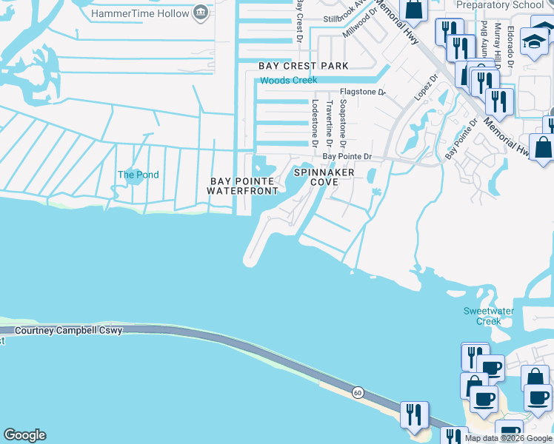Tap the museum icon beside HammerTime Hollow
pos(200,13)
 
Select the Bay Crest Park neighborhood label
pos(304,66)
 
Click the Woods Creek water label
pos(288,80)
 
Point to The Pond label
pos(138,175)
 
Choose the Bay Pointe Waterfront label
pos(243,186)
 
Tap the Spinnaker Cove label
pos(324,177)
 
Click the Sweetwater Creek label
pos(488,316)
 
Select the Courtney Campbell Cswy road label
pos(67,331)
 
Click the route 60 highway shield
pos(358,391)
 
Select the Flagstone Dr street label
pos(363,92)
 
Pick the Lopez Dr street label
pos(423,91)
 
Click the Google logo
pos(24,435)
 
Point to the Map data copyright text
pos(508,438)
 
